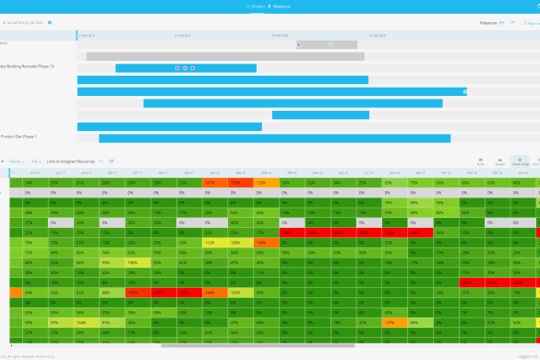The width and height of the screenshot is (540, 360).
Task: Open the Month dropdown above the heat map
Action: pos(16,162)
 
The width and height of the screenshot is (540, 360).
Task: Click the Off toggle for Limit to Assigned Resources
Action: pos(111,162)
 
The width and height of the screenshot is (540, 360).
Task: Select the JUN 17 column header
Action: pos(34,172)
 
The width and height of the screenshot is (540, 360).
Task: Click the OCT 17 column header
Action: pos(137,172)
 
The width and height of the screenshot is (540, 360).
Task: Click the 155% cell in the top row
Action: pos(235,183)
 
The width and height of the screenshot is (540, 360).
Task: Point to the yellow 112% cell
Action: pos(210,242)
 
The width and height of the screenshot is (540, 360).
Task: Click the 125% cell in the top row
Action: pos(261,183)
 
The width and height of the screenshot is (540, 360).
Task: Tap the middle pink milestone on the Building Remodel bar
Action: pos(185,68)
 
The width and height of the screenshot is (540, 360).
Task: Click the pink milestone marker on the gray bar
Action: pos(298,44)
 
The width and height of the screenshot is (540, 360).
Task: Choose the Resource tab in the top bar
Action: pos(282,6)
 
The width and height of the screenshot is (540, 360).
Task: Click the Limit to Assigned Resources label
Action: pos(71,162)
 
